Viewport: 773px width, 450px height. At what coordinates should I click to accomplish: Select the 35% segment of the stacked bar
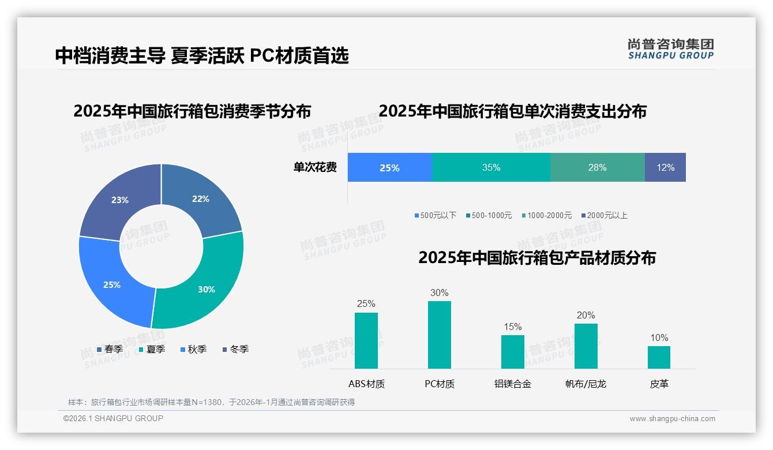point(491,167)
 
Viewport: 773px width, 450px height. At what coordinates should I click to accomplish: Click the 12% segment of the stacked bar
point(665,167)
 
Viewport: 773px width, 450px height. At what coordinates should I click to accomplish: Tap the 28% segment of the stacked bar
point(597,167)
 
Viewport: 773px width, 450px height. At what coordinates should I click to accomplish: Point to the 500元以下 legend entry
point(436,215)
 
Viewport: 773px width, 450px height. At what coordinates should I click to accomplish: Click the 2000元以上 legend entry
point(604,215)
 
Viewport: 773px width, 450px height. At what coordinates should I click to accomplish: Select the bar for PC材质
point(439,335)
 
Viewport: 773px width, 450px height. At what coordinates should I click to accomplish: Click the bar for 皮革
point(659,357)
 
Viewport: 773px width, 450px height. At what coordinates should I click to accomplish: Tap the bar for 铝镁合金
point(512,352)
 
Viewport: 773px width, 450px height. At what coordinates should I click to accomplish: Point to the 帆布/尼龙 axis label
point(586,384)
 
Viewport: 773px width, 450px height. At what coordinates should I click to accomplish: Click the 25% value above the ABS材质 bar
point(366,303)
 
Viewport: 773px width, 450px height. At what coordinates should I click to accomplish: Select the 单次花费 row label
point(315,167)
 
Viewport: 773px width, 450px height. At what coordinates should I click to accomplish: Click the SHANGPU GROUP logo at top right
point(670,49)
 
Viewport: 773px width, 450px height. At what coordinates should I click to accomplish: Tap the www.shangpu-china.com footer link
point(672,419)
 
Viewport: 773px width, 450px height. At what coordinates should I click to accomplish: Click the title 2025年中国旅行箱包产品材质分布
point(537,257)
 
